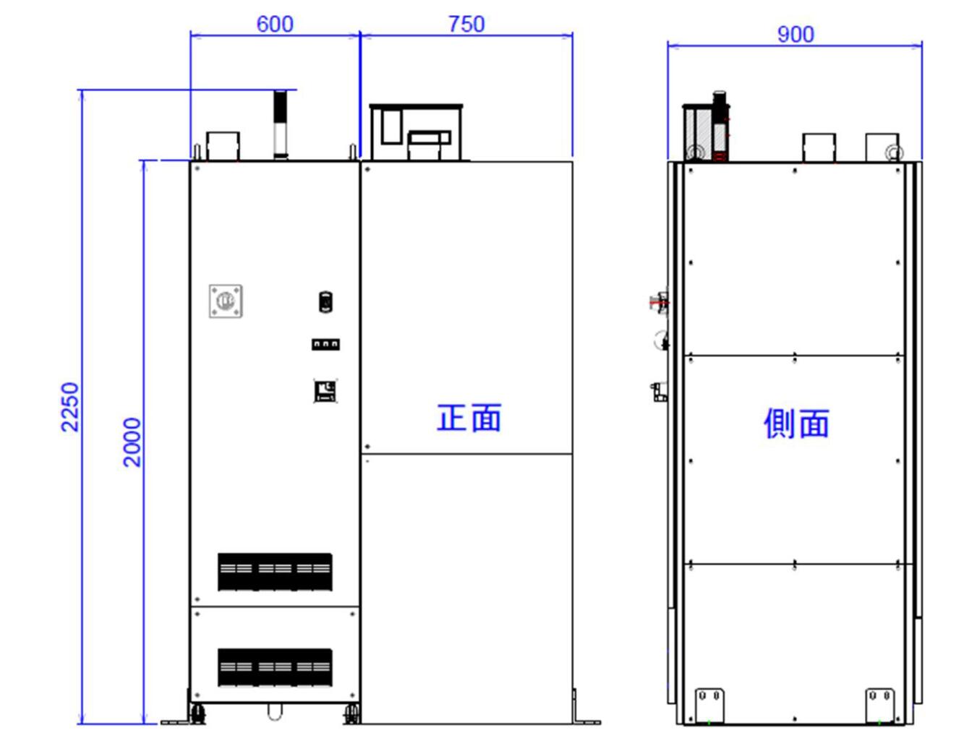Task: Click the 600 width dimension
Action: tap(275, 24)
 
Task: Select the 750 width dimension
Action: tap(466, 24)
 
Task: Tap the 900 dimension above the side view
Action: tap(795, 34)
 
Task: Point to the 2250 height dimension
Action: tap(69, 406)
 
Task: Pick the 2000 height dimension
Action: tap(132, 442)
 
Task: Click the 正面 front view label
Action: tap(469, 419)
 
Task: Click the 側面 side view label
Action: tap(795, 423)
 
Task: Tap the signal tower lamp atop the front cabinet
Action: tap(281, 123)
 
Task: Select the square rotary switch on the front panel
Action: tap(226, 301)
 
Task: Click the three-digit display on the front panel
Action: tap(325, 344)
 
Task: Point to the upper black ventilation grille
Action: tap(275, 571)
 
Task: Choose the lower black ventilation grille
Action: tap(275, 667)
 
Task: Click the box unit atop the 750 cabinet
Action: tap(415, 132)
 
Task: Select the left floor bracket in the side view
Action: tap(709, 704)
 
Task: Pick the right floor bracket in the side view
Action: tap(879, 704)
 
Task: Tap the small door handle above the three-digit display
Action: tap(325, 301)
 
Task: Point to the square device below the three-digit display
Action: tap(325, 391)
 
